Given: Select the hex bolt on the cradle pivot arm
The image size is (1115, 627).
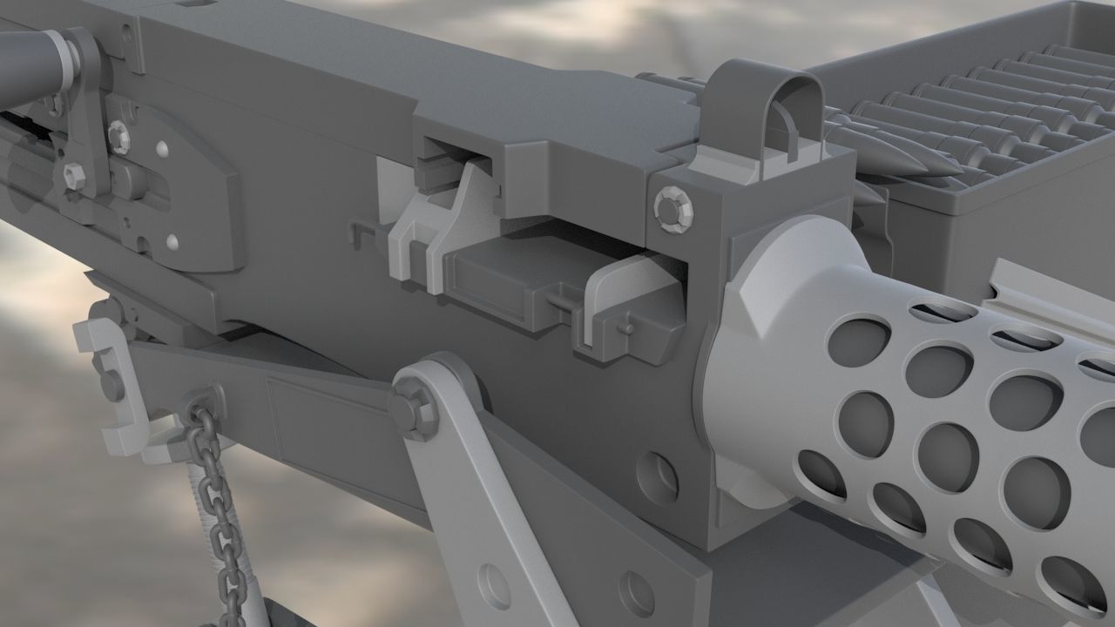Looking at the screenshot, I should click(x=410, y=407).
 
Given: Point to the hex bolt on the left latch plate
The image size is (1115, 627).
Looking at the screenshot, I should click(x=118, y=135).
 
